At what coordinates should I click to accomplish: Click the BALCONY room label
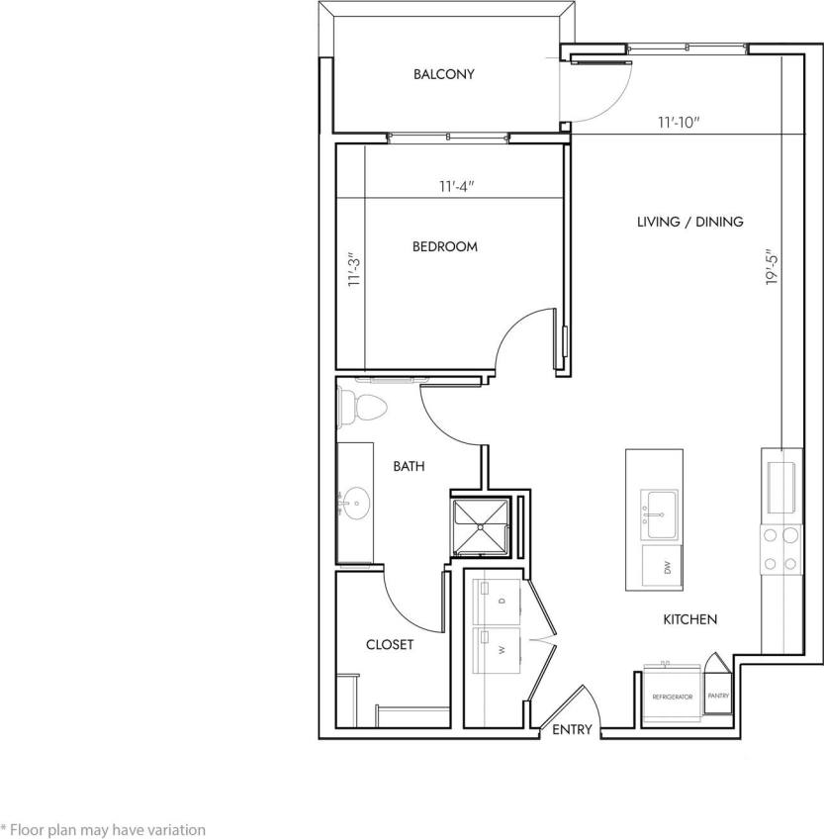pyautogui.click(x=444, y=74)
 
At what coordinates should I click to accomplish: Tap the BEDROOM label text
pyautogui.click(x=444, y=246)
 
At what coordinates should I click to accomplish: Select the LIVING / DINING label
pyautogui.click(x=689, y=222)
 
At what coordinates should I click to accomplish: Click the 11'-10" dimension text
pyautogui.click(x=679, y=124)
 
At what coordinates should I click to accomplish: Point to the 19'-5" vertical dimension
pyautogui.click(x=772, y=267)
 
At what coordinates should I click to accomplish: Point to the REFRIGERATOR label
pyautogui.click(x=672, y=697)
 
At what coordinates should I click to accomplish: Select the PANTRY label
pyautogui.click(x=717, y=696)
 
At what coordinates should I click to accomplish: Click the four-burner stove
pyautogui.click(x=778, y=549)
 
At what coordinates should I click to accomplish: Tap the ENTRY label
pyautogui.click(x=572, y=730)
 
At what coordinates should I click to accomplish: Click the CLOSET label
pyautogui.click(x=390, y=644)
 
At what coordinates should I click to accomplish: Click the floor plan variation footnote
pyautogui.click(x=103, y=830)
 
